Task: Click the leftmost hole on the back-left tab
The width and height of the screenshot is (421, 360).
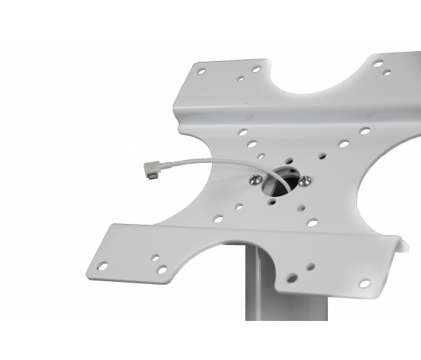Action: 201,71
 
